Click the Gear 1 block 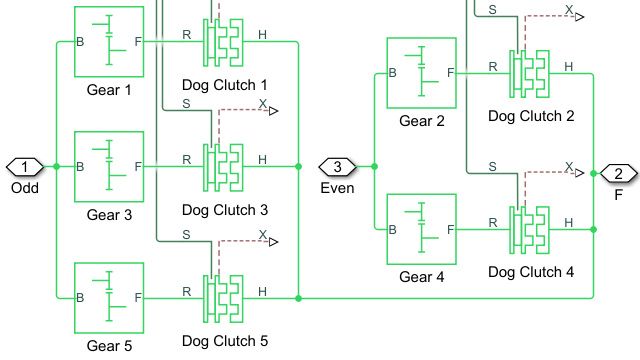click(x=109, y=42)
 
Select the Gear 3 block click(x=109, y=165)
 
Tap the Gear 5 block click(x=109, y=298)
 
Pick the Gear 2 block click(x=421, y=72)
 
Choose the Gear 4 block click(x=421, y=228)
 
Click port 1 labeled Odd click(x=26, y=166)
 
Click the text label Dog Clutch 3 click(x=225, y=210)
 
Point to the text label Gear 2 click(x=421, y=122)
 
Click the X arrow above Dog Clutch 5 click(x=267, y=239)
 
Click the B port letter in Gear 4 click(x=393, y=229)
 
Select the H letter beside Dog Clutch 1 click(x=262, y=35)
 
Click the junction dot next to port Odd click(x=57, y=166)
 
